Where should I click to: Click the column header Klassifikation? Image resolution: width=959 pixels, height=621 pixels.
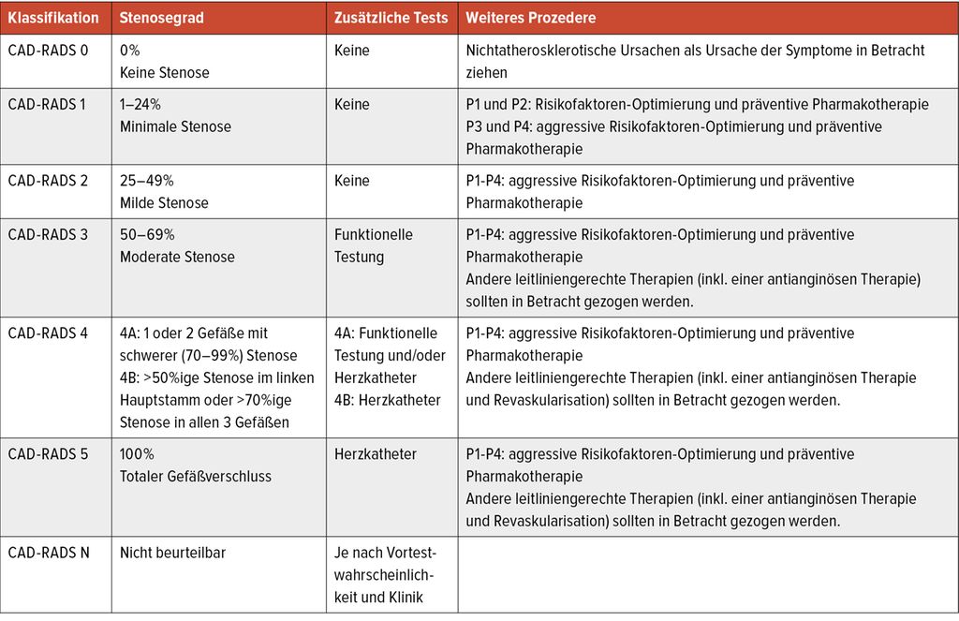coord(52,18)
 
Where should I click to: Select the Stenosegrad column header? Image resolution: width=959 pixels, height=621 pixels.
coord(160,18)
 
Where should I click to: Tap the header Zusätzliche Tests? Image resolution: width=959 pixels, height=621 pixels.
coord(391,18)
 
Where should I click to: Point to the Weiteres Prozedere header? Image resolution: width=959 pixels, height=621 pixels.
coord(530,18)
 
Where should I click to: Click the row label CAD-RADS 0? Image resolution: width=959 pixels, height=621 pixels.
coord(48,51)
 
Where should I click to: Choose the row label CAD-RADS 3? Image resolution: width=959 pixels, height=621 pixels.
coord(48,235)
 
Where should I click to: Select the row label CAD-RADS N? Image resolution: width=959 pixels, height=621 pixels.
coord(49,554)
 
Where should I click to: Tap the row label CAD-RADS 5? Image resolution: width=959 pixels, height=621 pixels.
coord(48,454)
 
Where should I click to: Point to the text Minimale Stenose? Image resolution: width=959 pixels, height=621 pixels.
coord(175,126)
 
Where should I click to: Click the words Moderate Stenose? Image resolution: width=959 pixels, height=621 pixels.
coord(177,258)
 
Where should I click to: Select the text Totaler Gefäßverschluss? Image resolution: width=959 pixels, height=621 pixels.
coord(196,477)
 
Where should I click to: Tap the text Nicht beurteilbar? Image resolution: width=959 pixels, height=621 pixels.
coord(172,554)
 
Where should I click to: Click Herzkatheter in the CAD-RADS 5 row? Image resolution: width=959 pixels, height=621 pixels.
coord(376,454)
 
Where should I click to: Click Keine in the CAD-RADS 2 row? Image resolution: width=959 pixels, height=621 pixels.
coord(352,181)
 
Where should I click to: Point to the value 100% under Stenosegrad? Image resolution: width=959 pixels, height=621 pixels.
coord(137,454)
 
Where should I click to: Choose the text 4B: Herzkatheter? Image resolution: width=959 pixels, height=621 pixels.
coord(387,400)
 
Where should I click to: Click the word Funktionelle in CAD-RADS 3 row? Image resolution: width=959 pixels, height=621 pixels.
coord(374,235)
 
